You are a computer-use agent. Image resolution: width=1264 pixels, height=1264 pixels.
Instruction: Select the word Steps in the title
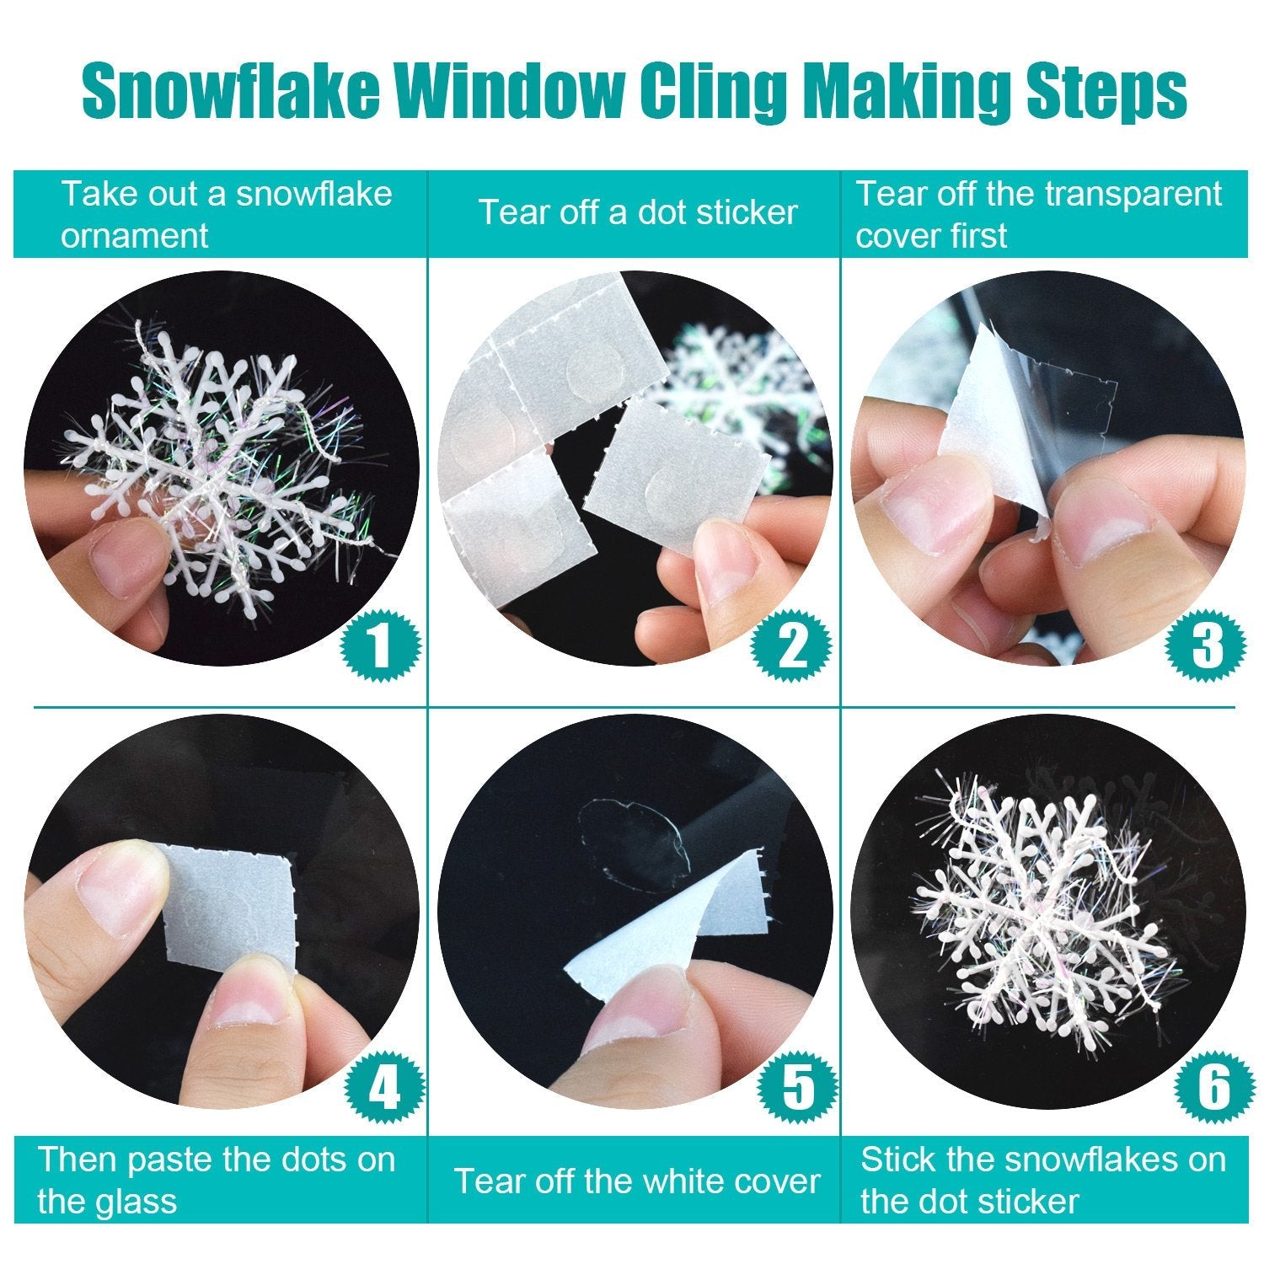coord(1106,93)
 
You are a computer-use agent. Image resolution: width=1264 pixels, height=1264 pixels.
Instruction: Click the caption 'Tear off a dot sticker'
coord(638,212)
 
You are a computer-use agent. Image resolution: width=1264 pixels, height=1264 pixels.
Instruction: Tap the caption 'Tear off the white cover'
coord(637,1181)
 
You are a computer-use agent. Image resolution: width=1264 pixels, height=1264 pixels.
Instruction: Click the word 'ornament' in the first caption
coord(134,235)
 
